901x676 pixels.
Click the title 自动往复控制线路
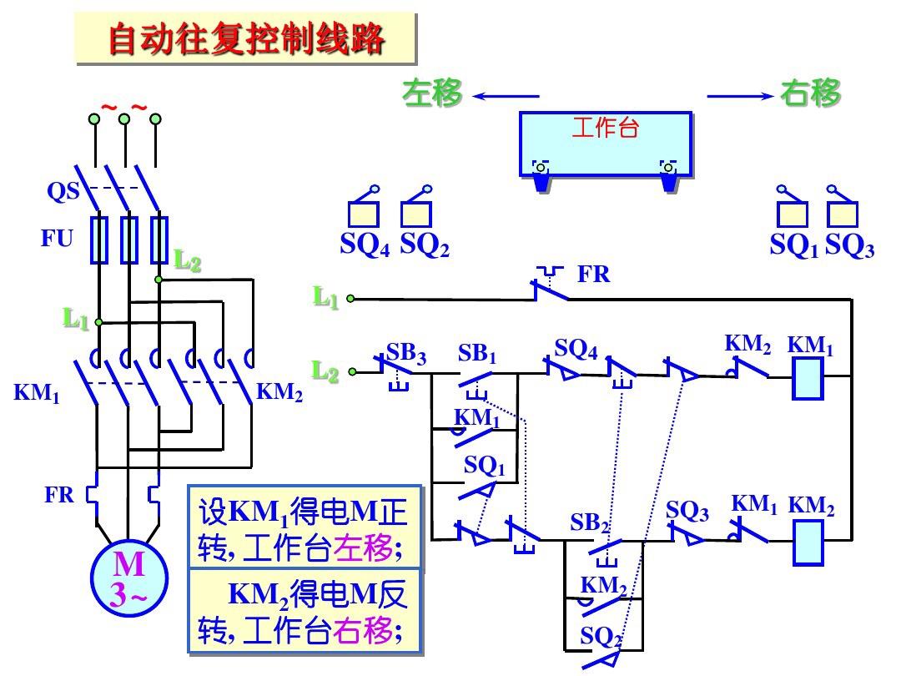(x=246, y=38)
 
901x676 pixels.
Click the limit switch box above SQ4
(x=363, y=214)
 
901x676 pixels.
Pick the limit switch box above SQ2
(x=415, y=214)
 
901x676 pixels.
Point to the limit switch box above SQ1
(x=792, y=214)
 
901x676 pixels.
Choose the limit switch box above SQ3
(x=843, y=214)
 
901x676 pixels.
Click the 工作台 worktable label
(x=606, y=129)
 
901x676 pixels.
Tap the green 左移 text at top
(x=431, y=93)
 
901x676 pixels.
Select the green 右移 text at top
(x=811, y=93)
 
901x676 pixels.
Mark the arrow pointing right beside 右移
(x=741, y=96)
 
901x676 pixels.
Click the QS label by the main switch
(x=63, y=191)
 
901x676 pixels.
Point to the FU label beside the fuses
(x=58, y=239)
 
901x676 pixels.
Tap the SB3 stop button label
(x=406, y=354)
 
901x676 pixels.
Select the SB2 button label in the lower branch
(x=591, y=523)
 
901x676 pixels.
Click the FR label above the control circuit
(x=594, y=274)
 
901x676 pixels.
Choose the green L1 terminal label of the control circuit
(x=326, y=296)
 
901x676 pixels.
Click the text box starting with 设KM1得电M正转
(x=304, y=528)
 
